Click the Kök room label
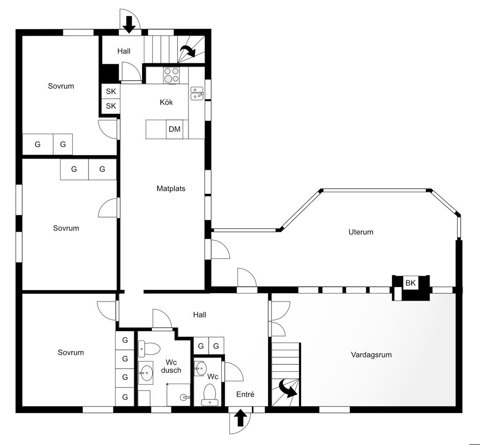coord(166,102)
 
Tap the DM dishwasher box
coord(174,129)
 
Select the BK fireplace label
coord(411,283)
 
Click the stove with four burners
coord(171,75)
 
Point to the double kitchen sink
coord(197,93)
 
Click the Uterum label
coord(361,232)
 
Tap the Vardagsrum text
coord(371,354)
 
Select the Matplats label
coord(171,189)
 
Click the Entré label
coord(245,394)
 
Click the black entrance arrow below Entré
coord(240,418)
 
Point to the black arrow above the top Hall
coord(129,24)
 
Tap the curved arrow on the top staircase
coord(188,51)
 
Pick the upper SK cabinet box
coord(111,91)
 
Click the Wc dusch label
coord(171,366)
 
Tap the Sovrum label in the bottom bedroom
coord(71,353)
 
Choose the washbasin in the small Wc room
coord(201,368)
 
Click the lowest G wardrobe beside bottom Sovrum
coord(125,397)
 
